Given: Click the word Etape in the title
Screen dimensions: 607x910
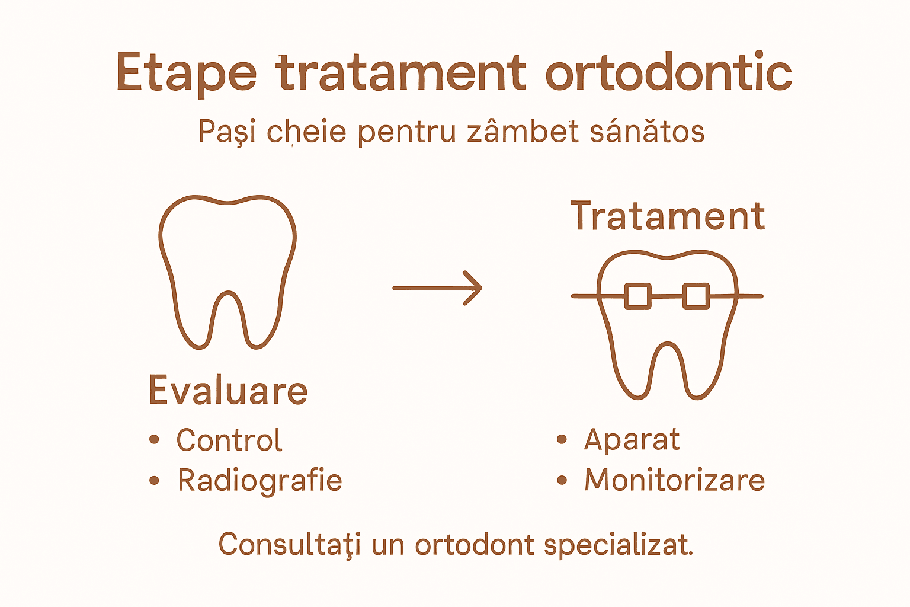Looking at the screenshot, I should (x=186, y=73).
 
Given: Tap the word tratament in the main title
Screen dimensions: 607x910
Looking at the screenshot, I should (x=401, y=72).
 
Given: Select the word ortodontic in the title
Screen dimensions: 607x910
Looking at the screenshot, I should (x=668, y=72).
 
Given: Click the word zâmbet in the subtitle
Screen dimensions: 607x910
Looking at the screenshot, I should (x=523, y=132).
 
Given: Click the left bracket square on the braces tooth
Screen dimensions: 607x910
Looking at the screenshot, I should (x=638, y=296).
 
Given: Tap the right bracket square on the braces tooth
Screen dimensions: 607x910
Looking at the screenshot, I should (x=696, y=296).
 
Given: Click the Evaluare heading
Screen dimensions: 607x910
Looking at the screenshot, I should (x=228, y=391).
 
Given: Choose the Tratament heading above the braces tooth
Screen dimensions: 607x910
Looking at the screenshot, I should (x=668, y=216).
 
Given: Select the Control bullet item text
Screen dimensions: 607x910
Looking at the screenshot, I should (x=229, y=440).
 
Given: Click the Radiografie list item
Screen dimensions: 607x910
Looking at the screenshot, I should (x=259, y=481).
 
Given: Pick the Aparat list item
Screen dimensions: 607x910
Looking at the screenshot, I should (x=632, y=440).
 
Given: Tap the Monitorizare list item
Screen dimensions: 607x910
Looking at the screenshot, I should (x=674, y=480).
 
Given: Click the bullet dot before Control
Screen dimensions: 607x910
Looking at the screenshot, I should (x=155, y=440).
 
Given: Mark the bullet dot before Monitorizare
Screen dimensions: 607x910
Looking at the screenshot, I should (x=562, y=480).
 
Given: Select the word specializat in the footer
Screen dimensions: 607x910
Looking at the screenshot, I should (x=618, y=544).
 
